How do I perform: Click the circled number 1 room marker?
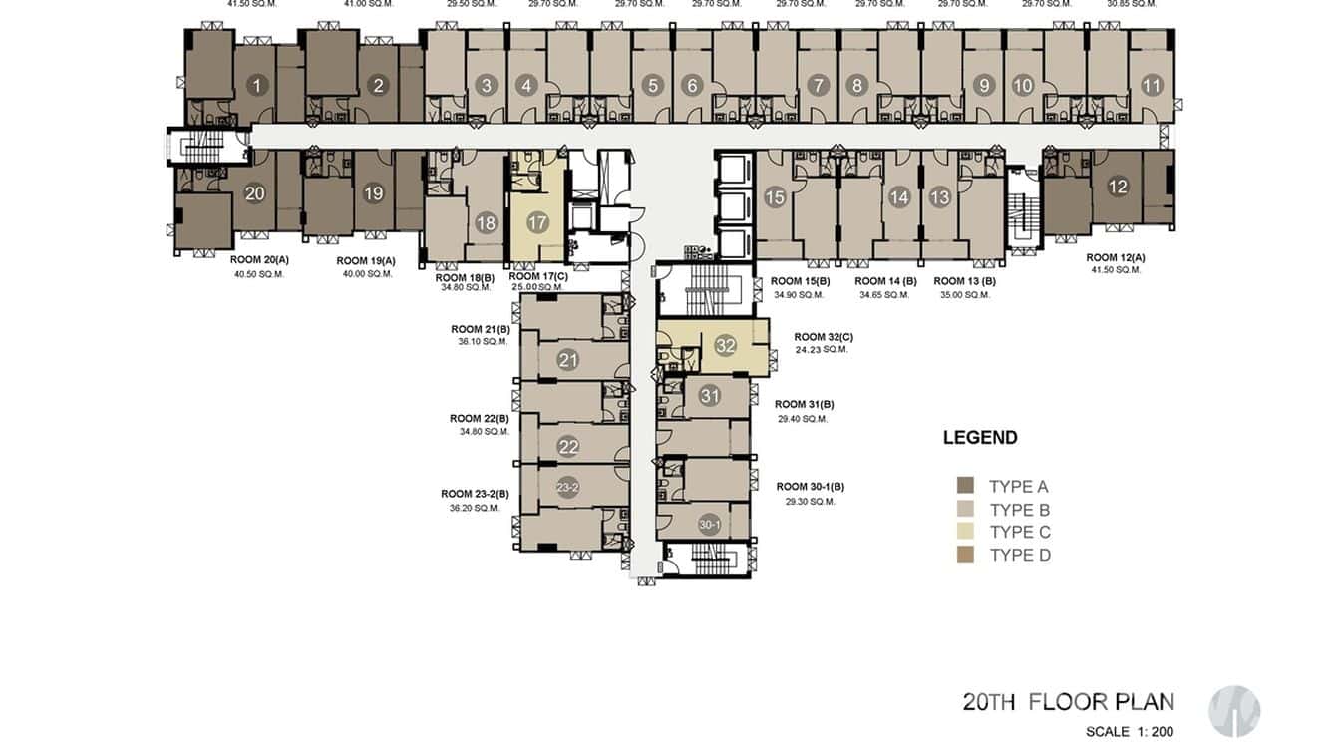(x=257, y=86)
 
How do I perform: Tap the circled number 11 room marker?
(x=1152, y=86)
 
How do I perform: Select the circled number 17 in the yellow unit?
(x=538, y=222)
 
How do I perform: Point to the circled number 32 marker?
(x=725, y=346)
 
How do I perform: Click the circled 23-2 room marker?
(x=568, y=487)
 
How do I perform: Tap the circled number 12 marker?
(x=1118, y=186)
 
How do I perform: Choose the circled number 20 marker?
(x=254, y=193)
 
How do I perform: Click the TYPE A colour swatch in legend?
(x=965, y=486)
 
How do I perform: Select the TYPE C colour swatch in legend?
(x=965, y=532)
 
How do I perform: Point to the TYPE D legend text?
(x=1020, y=555)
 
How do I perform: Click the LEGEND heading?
(x=980, y=437)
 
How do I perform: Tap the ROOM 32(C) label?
(x=824, y=337)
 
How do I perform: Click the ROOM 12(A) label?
(x=1115, y=257)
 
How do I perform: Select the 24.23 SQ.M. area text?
(x=822, y=350)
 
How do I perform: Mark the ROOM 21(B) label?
(x=480, y=329)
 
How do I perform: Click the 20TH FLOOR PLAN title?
(x=1068, y=701)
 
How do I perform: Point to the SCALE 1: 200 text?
(x=1130, y=732)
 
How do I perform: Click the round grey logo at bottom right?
(x=1234, y=711)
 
